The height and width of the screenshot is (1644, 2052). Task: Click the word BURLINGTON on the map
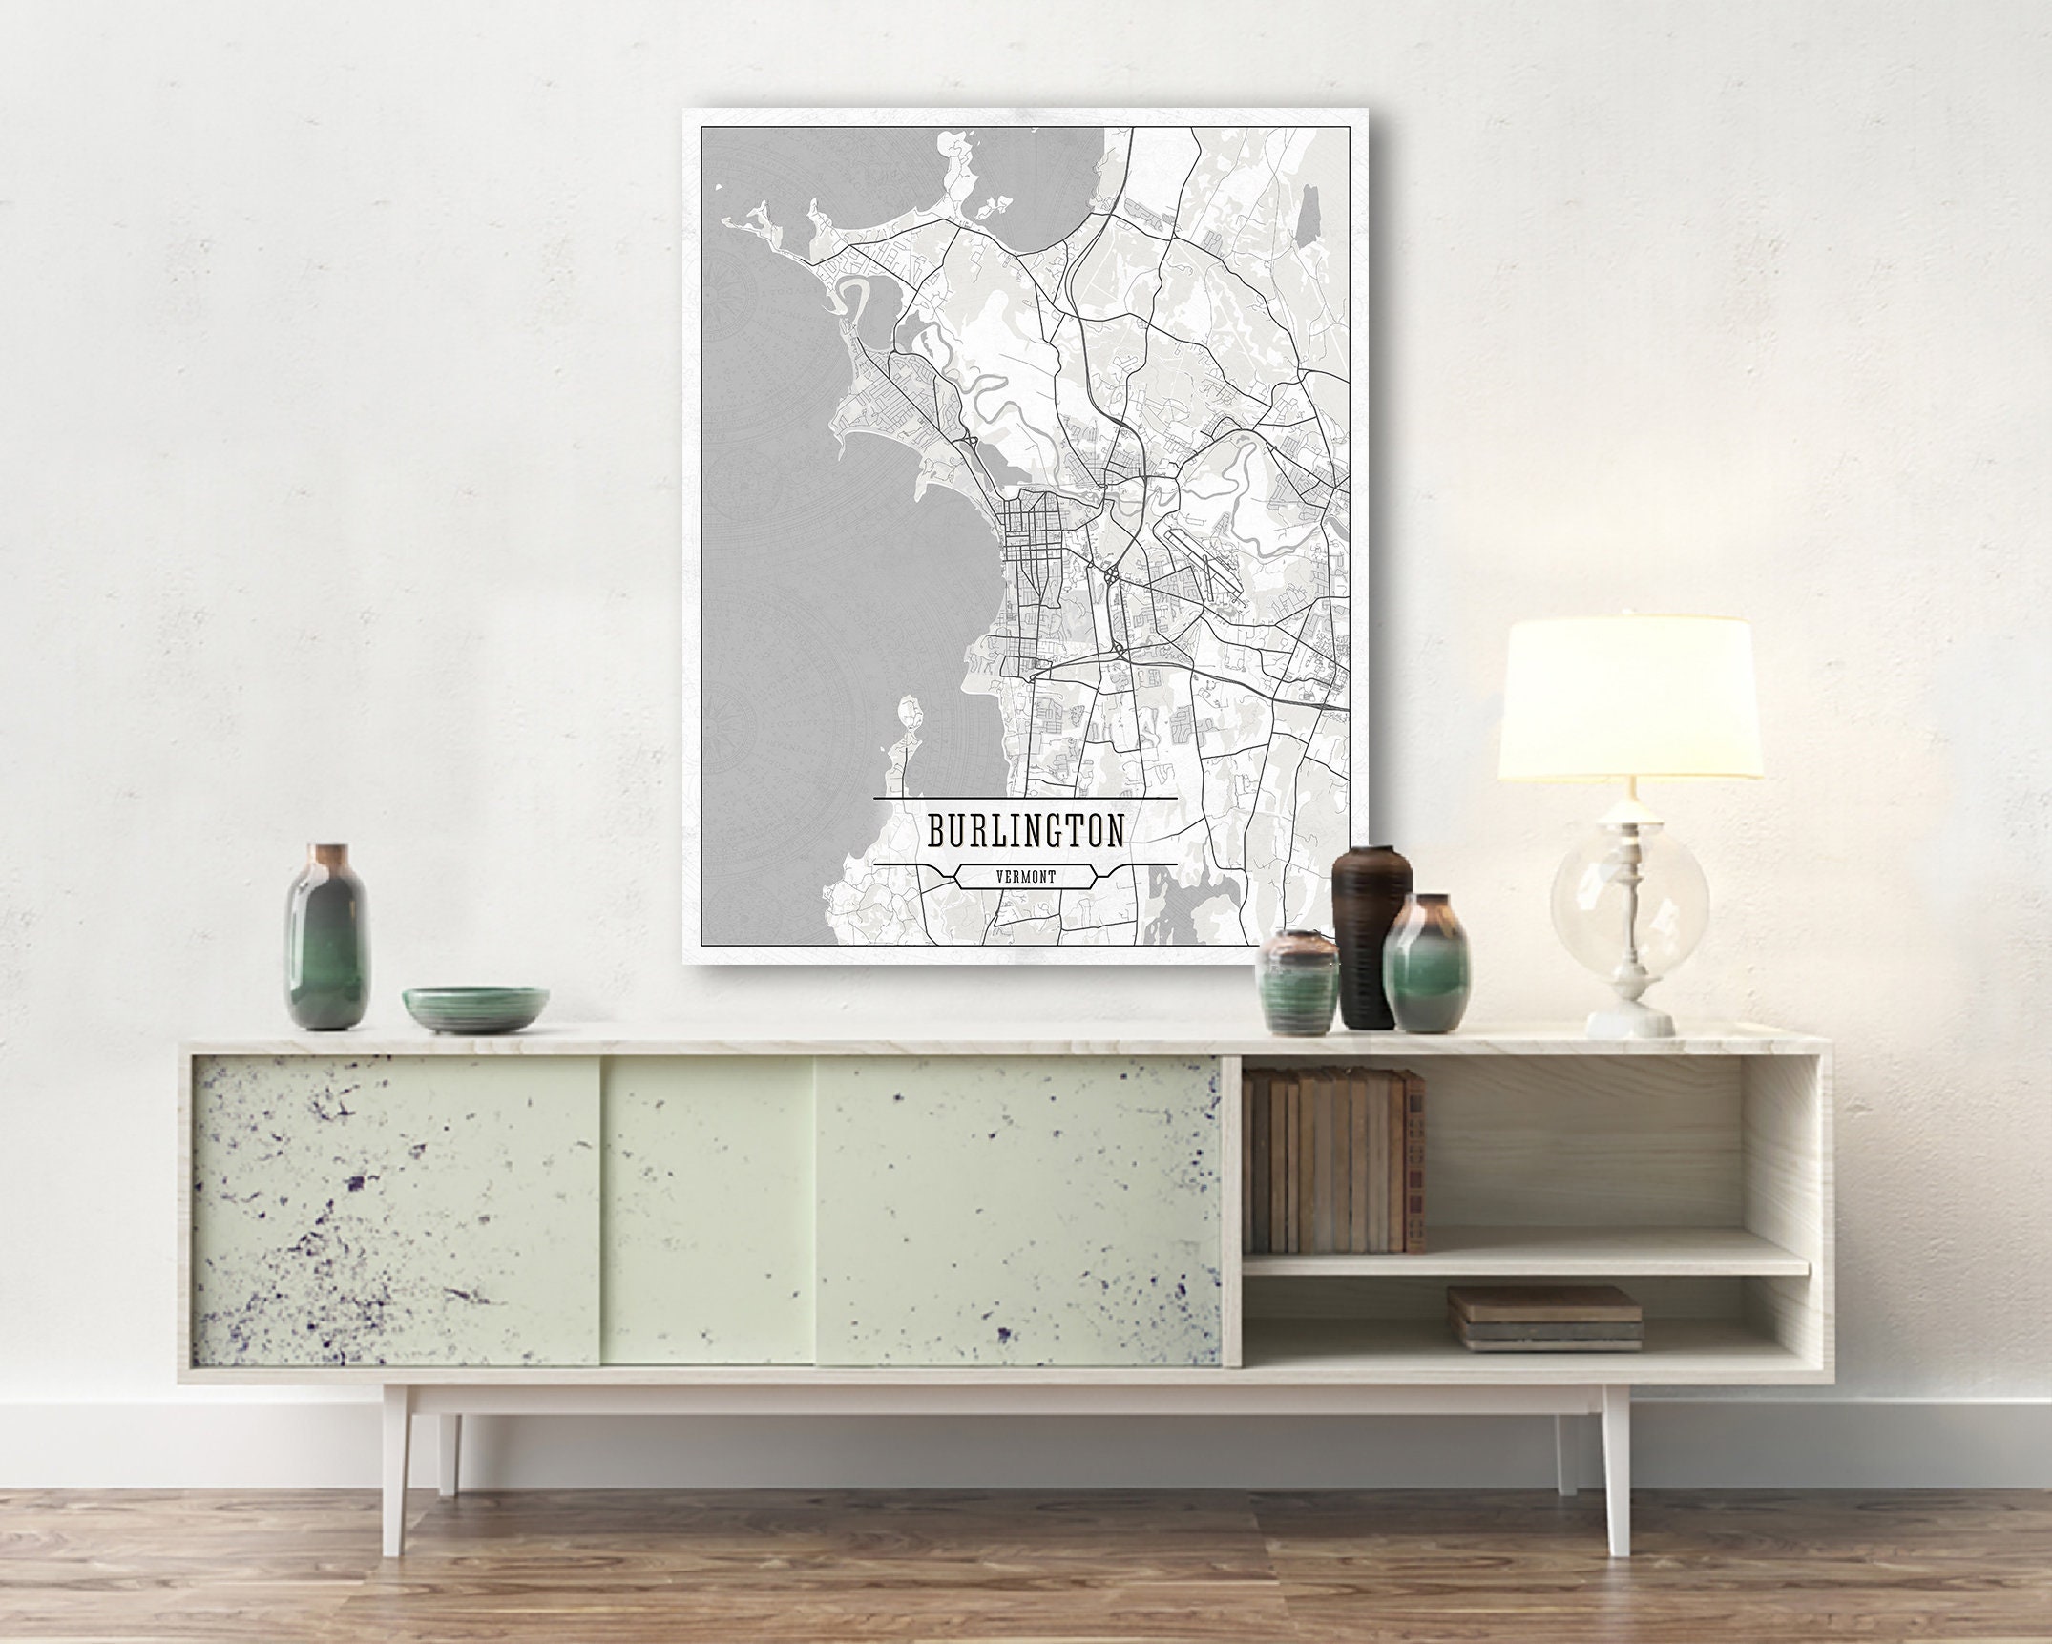[x=1025, y=830]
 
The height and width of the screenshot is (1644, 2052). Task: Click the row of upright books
[x=1334, y=1160]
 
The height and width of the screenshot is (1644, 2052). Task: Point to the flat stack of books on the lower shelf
[x=1544, y=1318]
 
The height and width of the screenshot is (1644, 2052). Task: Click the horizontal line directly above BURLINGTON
[x=1025, y=797]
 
